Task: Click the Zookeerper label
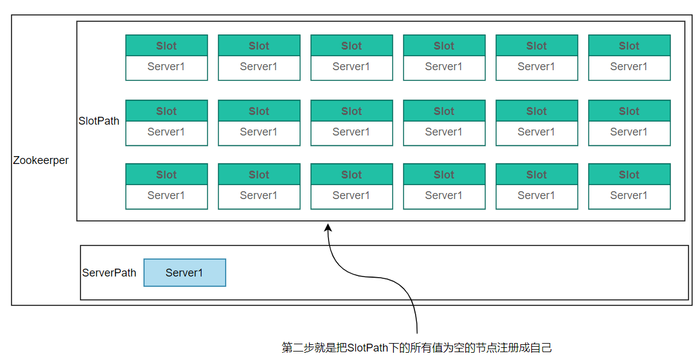[41, 160]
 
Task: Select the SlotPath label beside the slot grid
[99, 121]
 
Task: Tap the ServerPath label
[109, 273]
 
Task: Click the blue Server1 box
[185, 272]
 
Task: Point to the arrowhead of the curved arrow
[328, 227]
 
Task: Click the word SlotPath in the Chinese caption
[367, 347]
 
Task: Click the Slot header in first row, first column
[166, 45]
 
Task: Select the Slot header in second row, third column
[352, 111]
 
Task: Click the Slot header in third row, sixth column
[629, 174]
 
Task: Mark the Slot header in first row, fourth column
[444, 45]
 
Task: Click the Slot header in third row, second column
[259, 174]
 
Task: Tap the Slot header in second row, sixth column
[629, 111]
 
